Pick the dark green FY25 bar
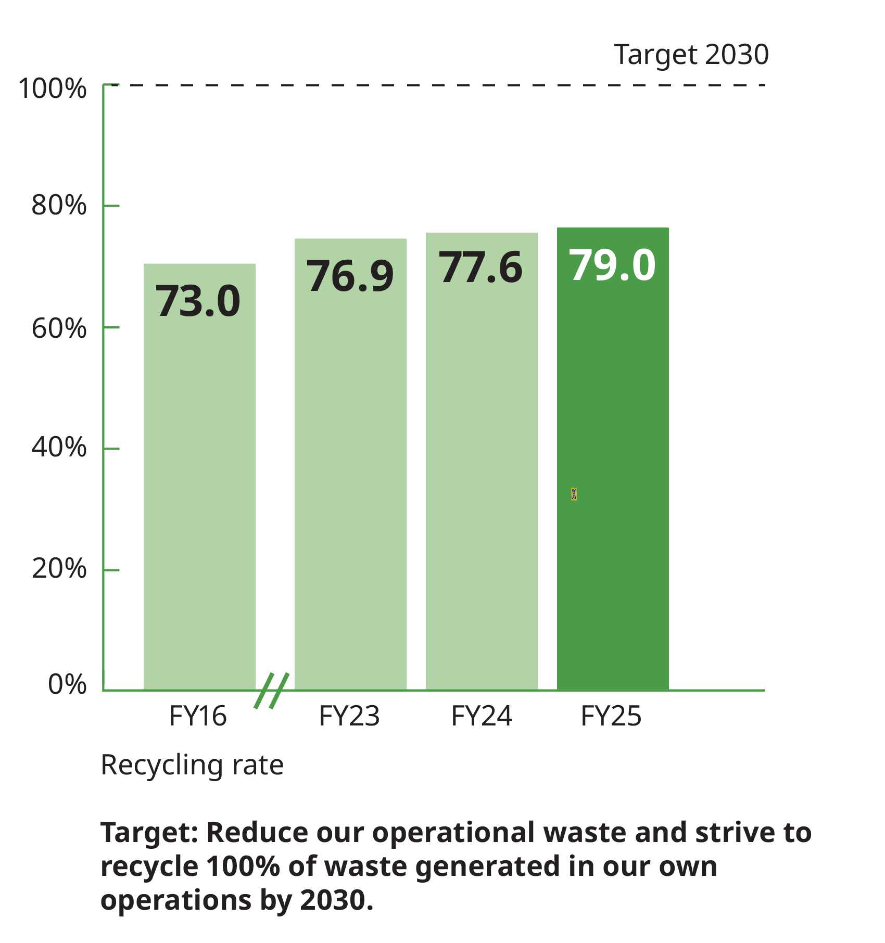click(613, 416)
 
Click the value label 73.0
click(198, 301)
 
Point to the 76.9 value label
click(349, 276)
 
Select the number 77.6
click(481, 267)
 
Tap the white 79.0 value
click(612, 265)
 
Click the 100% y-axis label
click(52, 88)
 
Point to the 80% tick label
click(58, 205)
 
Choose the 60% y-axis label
click(58, 328)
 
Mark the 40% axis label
click(58, 447)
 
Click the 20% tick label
click(58, 568)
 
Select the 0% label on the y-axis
click(67, 684)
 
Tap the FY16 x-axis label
click(198, 716)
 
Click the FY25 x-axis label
click(611, 716)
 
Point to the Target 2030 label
click(691, 55)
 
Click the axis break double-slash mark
click(272, 691)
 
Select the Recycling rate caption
click(192, 765)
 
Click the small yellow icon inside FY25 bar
click(574, 494)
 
